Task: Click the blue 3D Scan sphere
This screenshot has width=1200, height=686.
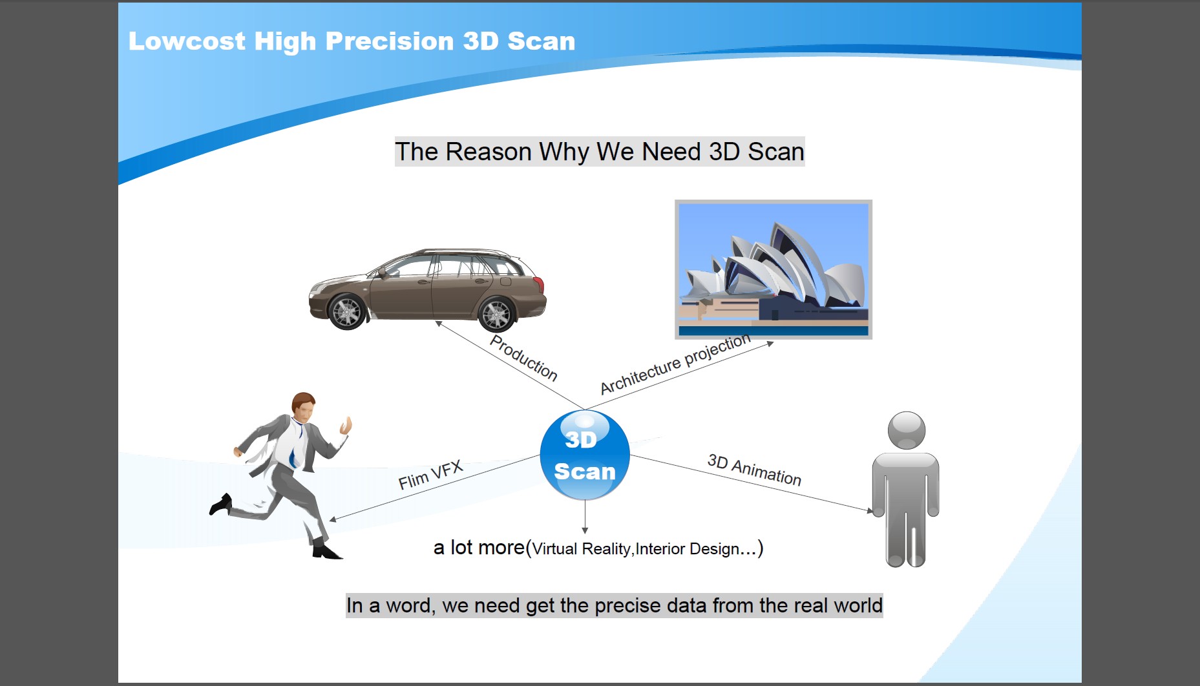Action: pos(585,455)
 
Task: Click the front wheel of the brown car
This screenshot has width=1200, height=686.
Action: pos(348,311)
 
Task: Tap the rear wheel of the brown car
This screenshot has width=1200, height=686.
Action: pos(496,314)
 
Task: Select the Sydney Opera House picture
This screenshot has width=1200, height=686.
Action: pos(774,269)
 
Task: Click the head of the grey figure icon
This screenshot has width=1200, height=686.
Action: pos(907,430)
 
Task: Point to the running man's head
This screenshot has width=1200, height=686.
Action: pos(304,406)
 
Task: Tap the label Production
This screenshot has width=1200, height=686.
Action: pos(523,357)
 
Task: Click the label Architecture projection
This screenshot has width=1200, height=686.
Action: pos(675,364)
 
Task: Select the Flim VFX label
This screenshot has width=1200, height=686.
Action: pos(430,475)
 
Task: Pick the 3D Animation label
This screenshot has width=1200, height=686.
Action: pos(754,470)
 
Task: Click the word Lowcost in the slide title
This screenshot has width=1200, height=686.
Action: pos(187,41)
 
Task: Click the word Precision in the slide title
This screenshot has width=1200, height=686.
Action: pos(390,41)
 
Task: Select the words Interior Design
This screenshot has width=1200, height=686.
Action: pos(688,549)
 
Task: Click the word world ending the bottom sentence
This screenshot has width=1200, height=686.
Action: pos(858,606)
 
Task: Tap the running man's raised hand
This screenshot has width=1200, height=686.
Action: pos(346,426)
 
